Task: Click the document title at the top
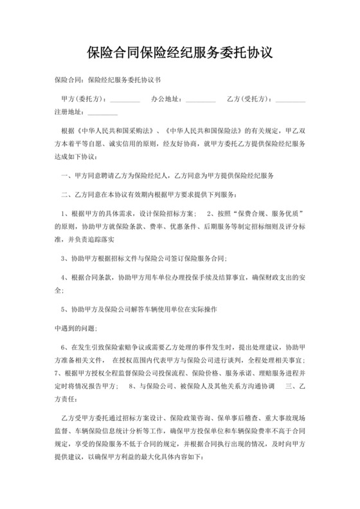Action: pos(179,53)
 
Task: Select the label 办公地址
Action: pos(166,99)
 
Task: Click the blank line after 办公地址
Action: pos(201,100)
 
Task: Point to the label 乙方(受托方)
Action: pos(249,99)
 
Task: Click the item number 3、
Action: pos(64,258)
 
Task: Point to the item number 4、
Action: pos(64,278)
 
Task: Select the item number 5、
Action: pos(64,308)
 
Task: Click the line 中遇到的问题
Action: pos(75,328)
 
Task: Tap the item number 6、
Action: pos(64,347)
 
